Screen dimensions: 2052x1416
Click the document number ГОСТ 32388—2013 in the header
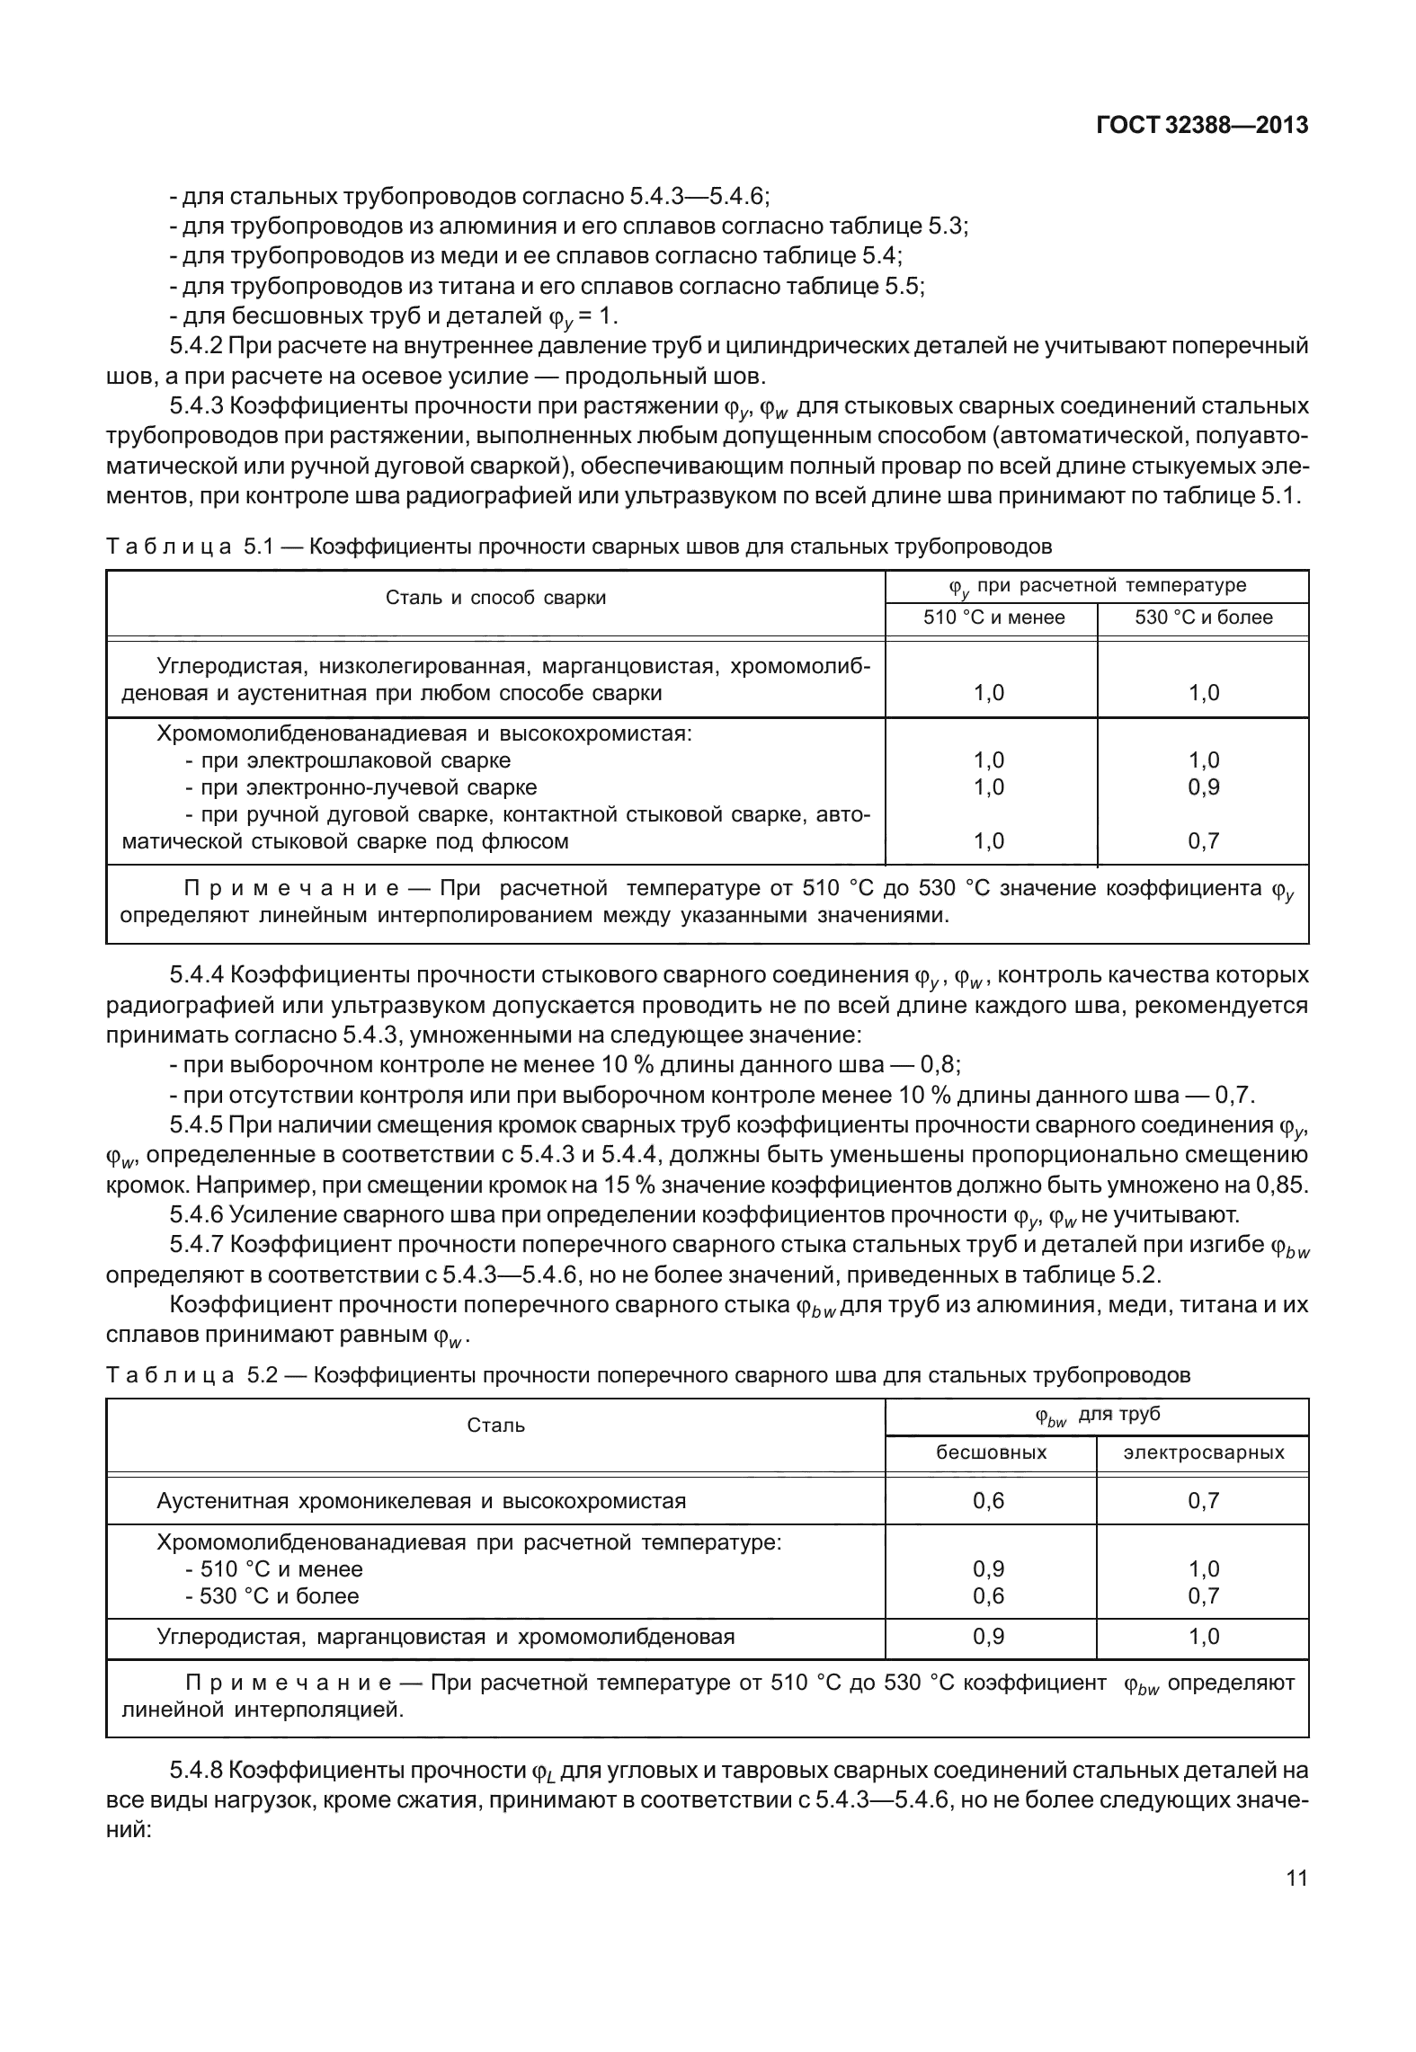pyautogui.click(x=1201, y=126)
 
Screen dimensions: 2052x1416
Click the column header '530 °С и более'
pyautogui.click(x=1204, y=617)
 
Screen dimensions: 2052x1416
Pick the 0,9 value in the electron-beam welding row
pyautogui.click(x=1204, y=787)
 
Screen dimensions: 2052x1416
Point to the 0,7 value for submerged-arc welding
pyautogui.click(x=1204, y=841)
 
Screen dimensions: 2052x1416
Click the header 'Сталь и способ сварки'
pyautogui.click(x=496, y=598)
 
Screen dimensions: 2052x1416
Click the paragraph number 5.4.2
pyautogui.click(x=197, y=346)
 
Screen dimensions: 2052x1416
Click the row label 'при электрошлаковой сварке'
pyautogui.click(x=347, y=760)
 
